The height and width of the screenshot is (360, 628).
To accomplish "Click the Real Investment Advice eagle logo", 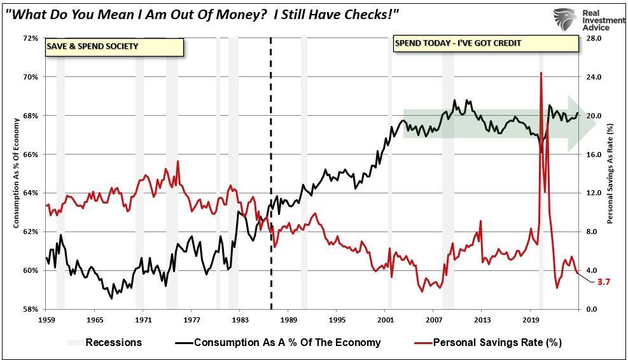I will click(564, 20).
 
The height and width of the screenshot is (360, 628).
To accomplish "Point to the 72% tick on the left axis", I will click(31, 38).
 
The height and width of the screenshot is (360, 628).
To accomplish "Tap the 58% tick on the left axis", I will click(31, 309).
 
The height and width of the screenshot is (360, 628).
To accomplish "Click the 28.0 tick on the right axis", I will click(594, 38).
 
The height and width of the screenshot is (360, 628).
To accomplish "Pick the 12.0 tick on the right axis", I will click(594, 193).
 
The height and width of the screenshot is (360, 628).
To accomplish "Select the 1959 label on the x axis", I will click(46, 319).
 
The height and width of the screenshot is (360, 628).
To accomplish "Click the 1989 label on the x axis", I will click(289, 319).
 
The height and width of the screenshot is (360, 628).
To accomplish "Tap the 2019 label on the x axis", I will click(531, 319).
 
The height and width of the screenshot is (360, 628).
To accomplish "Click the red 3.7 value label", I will click(604, 282).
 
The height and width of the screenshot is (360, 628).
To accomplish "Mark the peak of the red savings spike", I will click(541, 73).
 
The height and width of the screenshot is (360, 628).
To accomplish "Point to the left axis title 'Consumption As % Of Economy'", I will click(16, 173).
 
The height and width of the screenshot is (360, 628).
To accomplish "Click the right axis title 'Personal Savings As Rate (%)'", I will click(610, 173).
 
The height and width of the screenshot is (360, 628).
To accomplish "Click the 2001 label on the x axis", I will click(386, 319).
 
